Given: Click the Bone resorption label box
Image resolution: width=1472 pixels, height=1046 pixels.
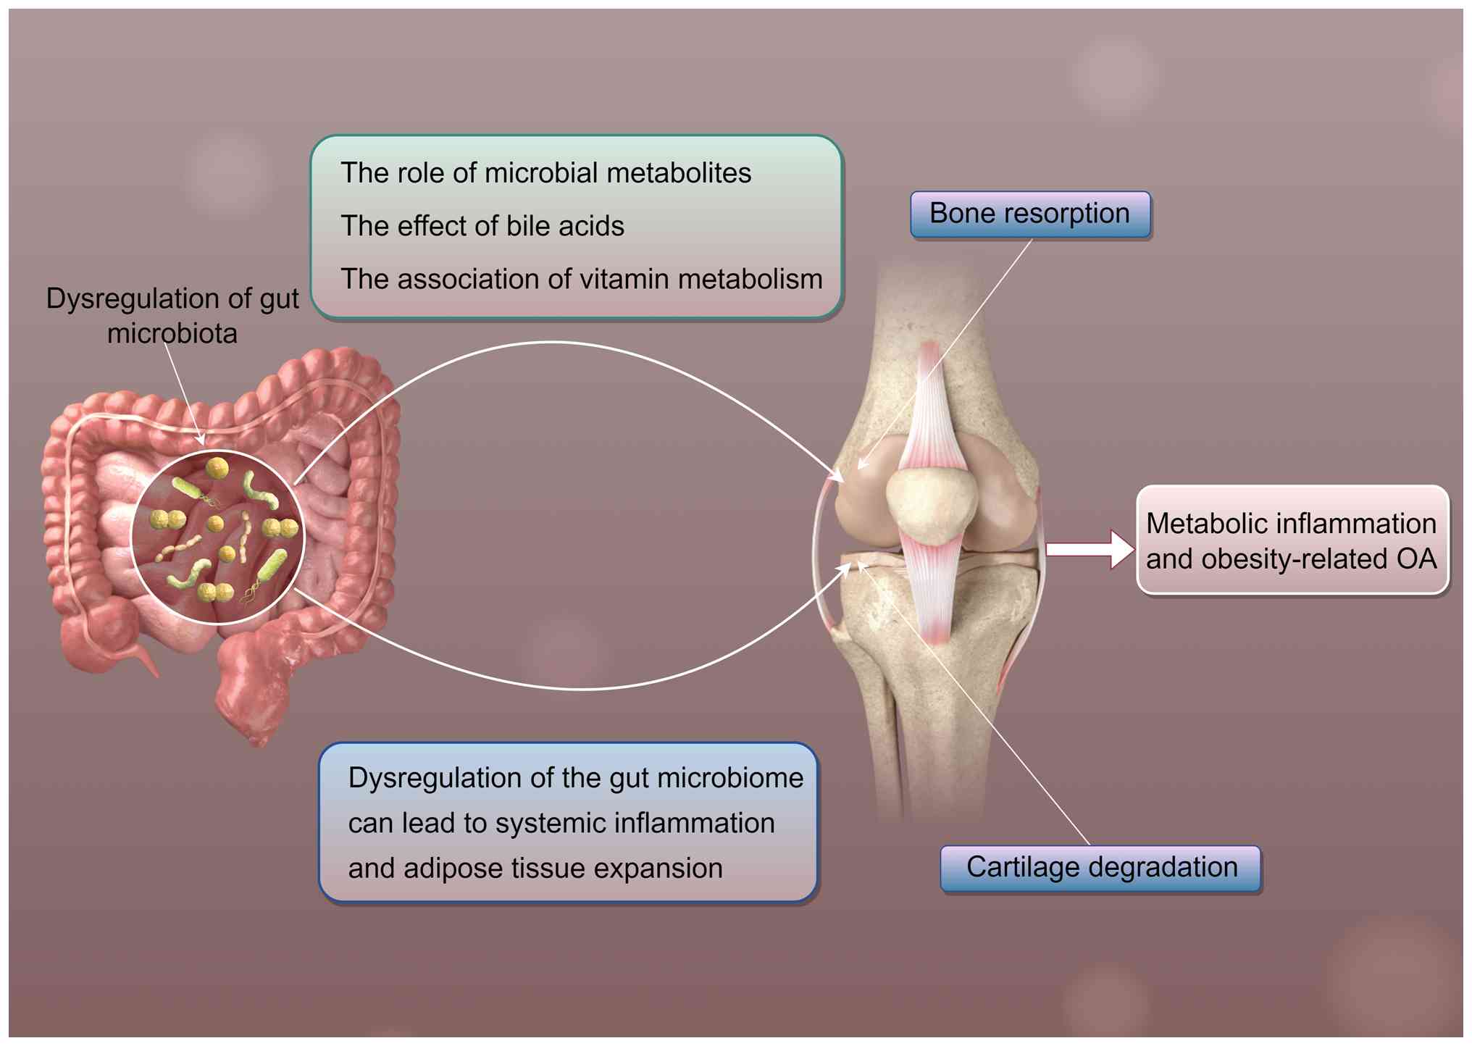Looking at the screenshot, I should [1029, 214].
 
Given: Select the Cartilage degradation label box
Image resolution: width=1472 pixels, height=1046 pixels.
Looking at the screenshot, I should [1100, 868].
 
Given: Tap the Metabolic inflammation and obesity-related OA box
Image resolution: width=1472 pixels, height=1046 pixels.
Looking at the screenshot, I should [1292, 540].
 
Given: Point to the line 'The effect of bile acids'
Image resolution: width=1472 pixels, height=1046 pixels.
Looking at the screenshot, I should [482, 226].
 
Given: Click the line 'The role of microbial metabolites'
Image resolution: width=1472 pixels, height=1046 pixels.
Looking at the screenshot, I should [545, 173].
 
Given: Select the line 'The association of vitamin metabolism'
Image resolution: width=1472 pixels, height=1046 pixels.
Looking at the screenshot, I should [581, 279].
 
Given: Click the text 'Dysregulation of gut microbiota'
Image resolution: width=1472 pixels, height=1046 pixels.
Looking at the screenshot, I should [172, 316].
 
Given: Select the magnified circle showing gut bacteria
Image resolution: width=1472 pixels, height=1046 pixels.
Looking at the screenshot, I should [217, 537].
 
